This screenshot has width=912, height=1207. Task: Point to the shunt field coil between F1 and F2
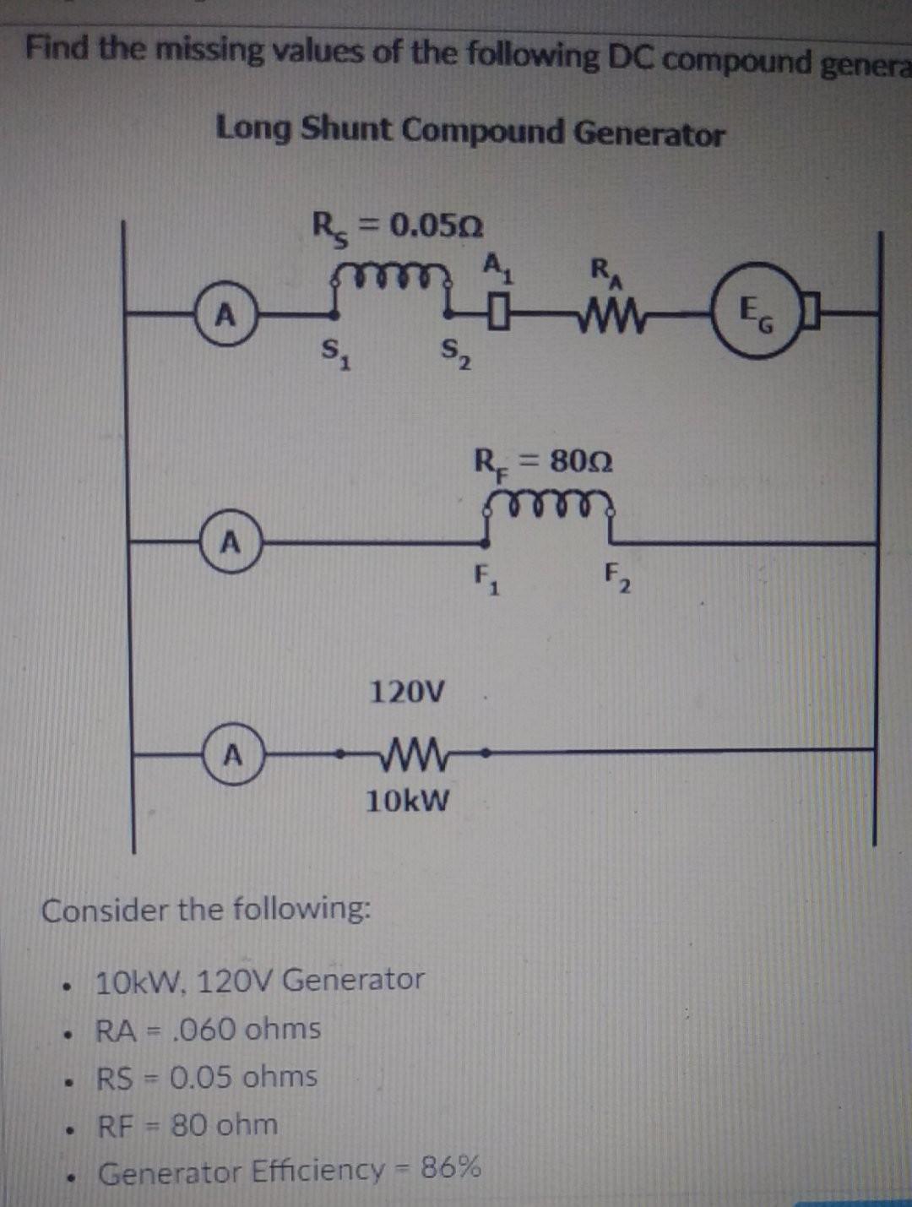(x=549, y=504)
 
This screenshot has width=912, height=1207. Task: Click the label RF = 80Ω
(x=543, y=462)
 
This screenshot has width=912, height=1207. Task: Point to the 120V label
(x=407, y=693)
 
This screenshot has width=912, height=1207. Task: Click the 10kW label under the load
(x=408, y=799)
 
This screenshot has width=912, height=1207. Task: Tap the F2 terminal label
(x=617, y=579)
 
